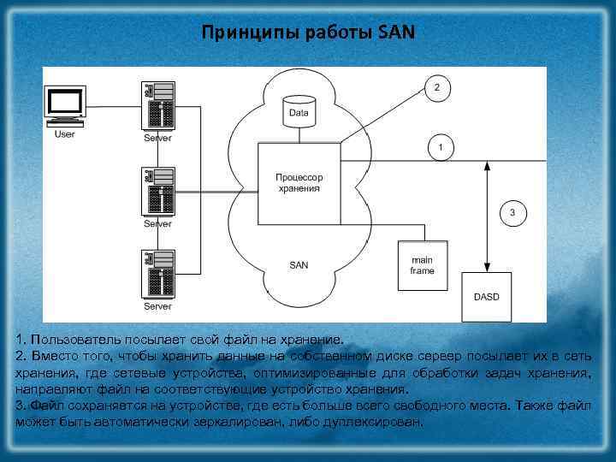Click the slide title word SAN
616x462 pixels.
395,33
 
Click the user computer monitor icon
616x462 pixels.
65,104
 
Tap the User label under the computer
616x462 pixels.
64,133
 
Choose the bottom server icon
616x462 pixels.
158,274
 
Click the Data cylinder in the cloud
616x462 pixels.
299,112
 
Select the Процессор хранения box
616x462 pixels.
298,184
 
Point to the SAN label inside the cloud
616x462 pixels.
299,265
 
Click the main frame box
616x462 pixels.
422,265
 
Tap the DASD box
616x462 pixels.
485,296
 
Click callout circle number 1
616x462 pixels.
440,147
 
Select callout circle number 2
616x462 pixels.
437,88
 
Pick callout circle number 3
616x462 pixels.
512,212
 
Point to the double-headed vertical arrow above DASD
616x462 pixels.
486,214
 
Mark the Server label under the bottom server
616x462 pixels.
157,305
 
